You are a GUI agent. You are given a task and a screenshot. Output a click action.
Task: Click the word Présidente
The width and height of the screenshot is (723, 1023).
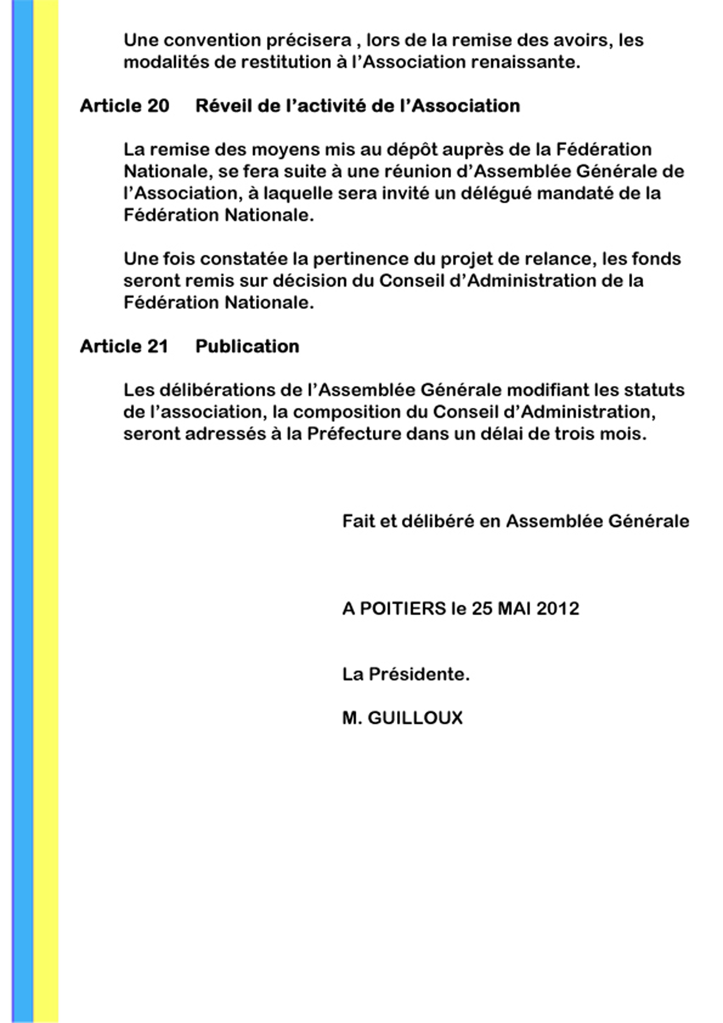tap(419, 674)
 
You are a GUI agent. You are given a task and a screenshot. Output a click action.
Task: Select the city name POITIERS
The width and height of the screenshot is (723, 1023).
tap(403, 608)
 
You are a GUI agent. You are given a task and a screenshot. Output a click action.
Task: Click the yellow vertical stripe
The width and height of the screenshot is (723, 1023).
tap(46, 512)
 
